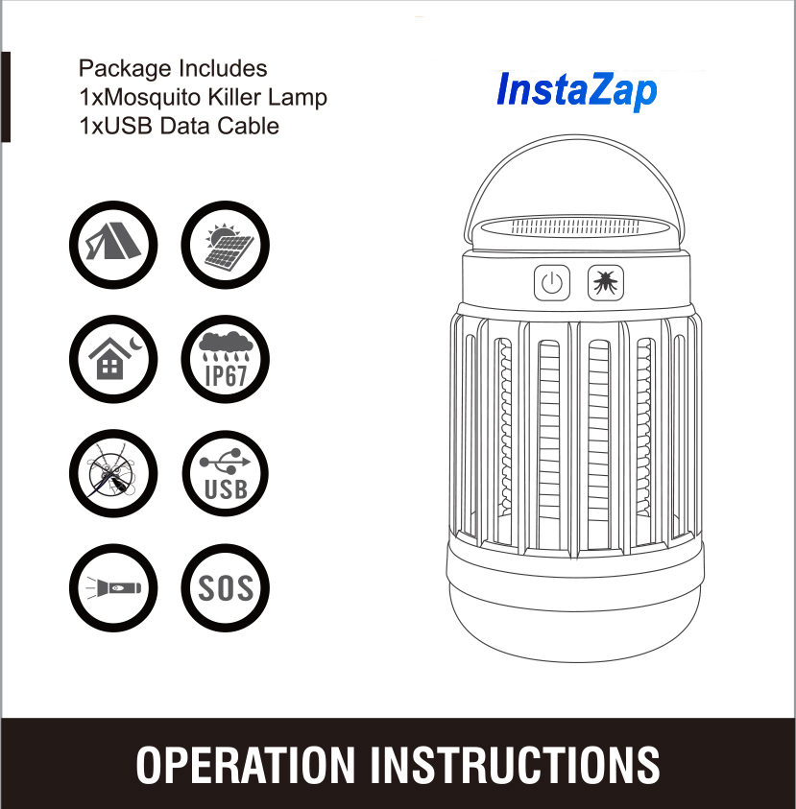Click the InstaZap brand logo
coord(577,90)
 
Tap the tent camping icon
coord(113,245)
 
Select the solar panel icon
coord(225,245)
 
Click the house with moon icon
coord(113,359)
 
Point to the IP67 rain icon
coord(225,359)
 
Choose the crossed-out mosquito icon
coord(113,474)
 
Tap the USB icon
coord(225,474)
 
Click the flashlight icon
coord(113,588)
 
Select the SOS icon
coord(225,588)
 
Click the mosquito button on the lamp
coord(606,283)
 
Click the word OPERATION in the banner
coord(245,765)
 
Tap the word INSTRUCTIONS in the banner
coord(516,765)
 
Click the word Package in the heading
coord(125,69)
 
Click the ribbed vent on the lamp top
coord(575,226)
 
